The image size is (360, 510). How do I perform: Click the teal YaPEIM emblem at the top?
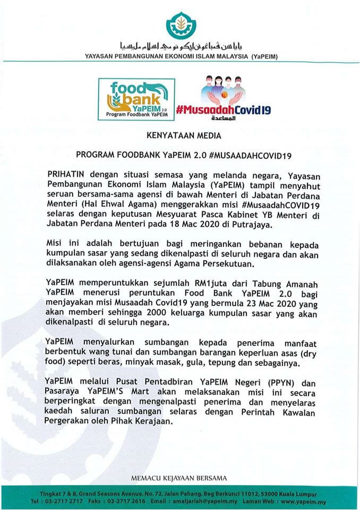pos(181,24)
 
